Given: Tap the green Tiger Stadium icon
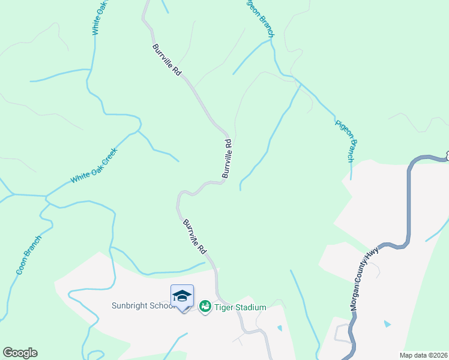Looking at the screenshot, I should click(x=205, y=307).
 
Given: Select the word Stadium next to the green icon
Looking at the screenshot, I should click(x=251, y=307).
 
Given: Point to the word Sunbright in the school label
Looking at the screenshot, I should click(x=129, y=305).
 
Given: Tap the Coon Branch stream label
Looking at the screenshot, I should click(x=29, y=256).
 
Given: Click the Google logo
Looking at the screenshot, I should click(x=20, y=353).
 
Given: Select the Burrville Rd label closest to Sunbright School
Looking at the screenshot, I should click(x=195, y=235).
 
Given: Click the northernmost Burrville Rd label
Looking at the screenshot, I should click(x=167, y=59).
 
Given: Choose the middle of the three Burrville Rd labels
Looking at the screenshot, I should click(x=226, y=159).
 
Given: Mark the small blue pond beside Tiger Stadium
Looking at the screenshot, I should click(x=279, y=328).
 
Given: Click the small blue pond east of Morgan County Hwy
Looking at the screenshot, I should click(x=387, y=324).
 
